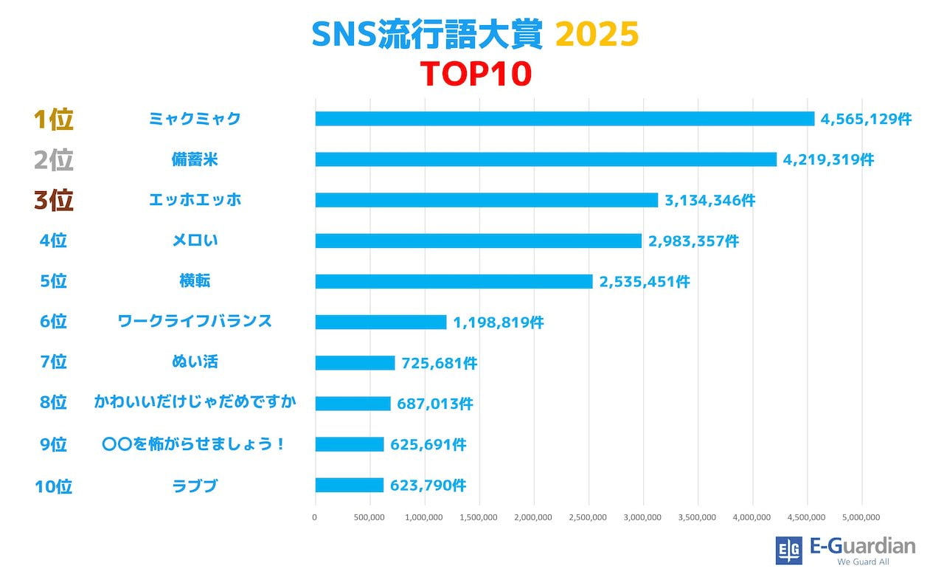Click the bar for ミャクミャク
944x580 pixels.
(x=564, y=119)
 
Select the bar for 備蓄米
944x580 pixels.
(x=546, y=159)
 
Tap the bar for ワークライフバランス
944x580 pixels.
(x=381, y=322)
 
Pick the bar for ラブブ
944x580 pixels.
(x=349, y=485)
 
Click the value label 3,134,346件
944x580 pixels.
(x=709, y=200)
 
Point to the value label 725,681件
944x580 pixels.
(x=440, y=363)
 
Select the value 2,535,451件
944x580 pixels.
(x=645, y=282)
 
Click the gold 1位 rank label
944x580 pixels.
(x=53, y=120)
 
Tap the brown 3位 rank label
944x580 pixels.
(x=53, y=201)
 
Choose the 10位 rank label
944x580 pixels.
(x=53, y=486)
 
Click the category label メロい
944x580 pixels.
(x=195, y=240)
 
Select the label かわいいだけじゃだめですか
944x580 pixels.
(x=195, y=402)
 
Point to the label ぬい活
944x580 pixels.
(x=195, y=362)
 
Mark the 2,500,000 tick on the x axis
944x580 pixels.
(x=589, y=517)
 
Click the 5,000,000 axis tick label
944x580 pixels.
(x=861, y=517)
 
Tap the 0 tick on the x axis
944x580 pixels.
(x=315, y=517)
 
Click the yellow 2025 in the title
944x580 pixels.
(x=596, y=35)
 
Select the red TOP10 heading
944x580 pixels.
(x=476, y=74)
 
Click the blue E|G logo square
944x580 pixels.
(x=788, y=550)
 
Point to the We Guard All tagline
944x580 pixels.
(x=863, y=562)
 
